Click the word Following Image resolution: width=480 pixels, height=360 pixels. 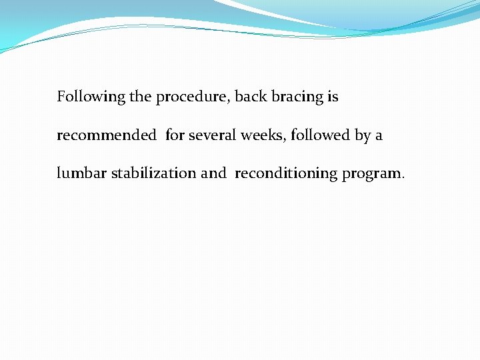91,97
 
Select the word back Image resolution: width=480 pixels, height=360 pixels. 251,97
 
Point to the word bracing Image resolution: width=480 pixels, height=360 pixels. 297,97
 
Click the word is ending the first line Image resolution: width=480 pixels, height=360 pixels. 333,97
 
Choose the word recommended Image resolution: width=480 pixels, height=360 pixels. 107,135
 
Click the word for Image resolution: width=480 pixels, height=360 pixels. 175,135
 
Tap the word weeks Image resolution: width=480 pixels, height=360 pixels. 262,135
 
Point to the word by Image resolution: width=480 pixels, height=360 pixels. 363,136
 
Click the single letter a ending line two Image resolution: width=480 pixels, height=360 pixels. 379,136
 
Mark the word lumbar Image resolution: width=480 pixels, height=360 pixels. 81,173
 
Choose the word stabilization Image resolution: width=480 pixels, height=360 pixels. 153,173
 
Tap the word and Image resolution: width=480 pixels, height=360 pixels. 213,173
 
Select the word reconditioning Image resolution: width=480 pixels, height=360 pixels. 286,174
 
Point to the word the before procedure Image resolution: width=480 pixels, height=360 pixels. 140,97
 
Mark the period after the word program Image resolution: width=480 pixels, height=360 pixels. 403,178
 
